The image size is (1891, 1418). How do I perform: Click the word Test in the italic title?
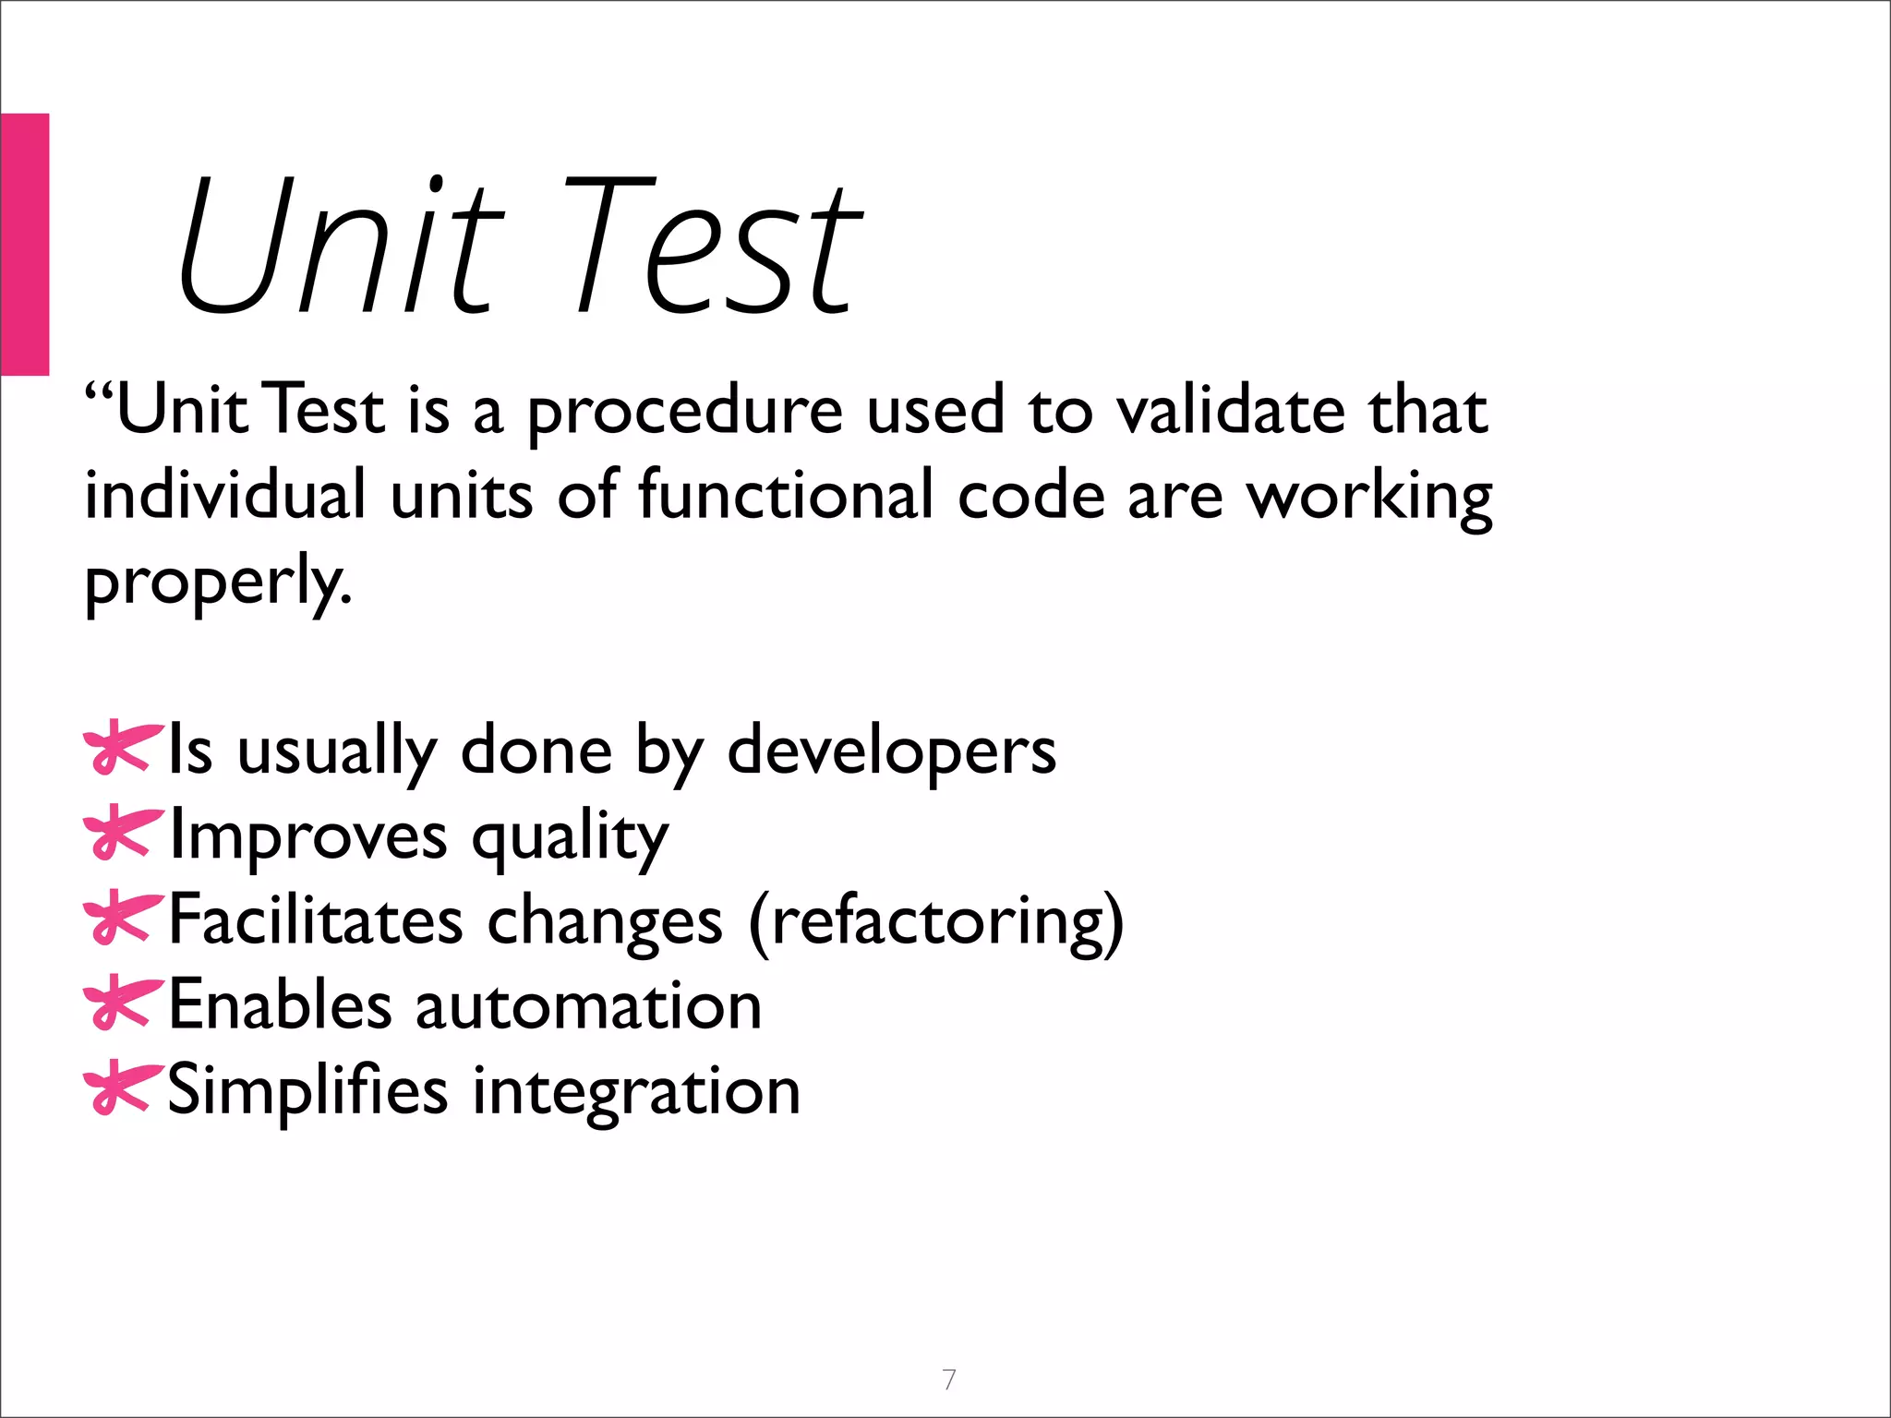tap(711, 247)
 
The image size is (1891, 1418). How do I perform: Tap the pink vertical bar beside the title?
tap(24, 244)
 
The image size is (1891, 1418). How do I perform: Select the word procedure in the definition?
tap(684, 412)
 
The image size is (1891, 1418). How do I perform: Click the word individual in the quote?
tap(225, 495)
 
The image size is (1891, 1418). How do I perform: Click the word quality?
tap(570, 837)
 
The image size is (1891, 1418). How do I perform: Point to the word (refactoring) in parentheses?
tap(936, 922)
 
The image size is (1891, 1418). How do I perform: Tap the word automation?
tap(588, 1005)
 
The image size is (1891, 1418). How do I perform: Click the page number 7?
tap(949, 1379)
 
